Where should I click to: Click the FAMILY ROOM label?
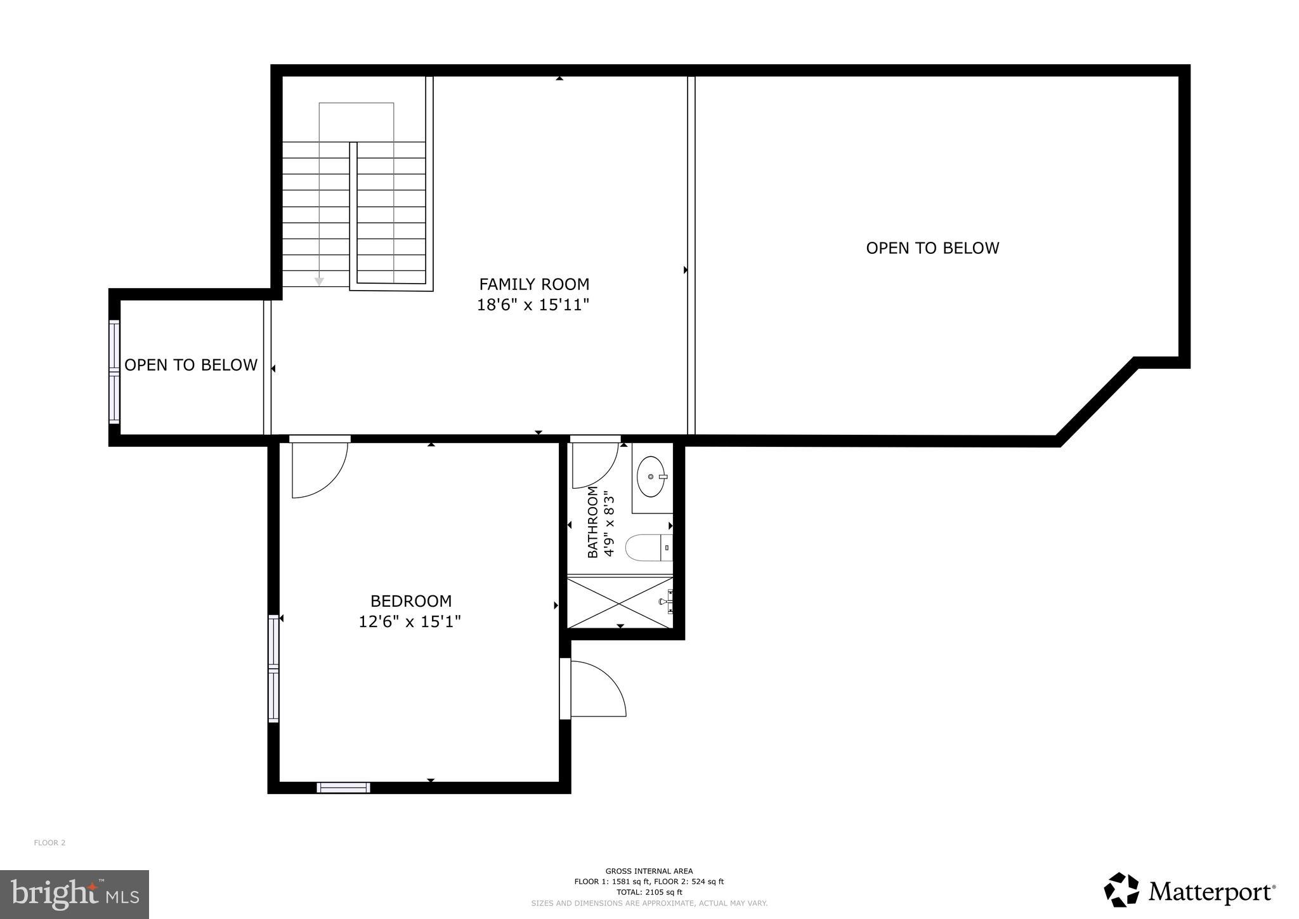(x=533, y=284)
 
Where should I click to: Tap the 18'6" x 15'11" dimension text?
(x=533, y=305)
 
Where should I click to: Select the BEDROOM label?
(x=411, y=600)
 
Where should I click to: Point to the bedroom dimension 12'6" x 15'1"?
(x=410, y=621)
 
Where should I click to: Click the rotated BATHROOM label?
(x=592, y=522)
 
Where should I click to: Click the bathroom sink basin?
(x=651, y=477)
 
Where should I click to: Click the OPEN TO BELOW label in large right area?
(x=932, y=248)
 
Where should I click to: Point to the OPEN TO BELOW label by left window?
(x=191, y=365)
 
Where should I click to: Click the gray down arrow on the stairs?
(x=320, y=281)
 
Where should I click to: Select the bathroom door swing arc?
(x=595, y=466)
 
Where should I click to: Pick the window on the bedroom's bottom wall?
(x=343, y=788)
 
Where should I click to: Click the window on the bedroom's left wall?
(x=273, y=668)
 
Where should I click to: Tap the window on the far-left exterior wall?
(x=114, y=371)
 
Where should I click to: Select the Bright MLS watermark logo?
(x=75, y=894)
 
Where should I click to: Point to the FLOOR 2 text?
(x=49, y=843)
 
